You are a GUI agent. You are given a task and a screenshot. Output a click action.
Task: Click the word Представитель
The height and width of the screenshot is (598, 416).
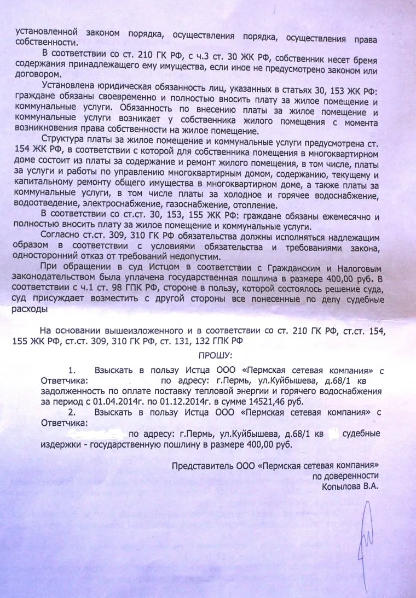(199, 466)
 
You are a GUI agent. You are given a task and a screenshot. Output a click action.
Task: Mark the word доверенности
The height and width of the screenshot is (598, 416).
(353, 476)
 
